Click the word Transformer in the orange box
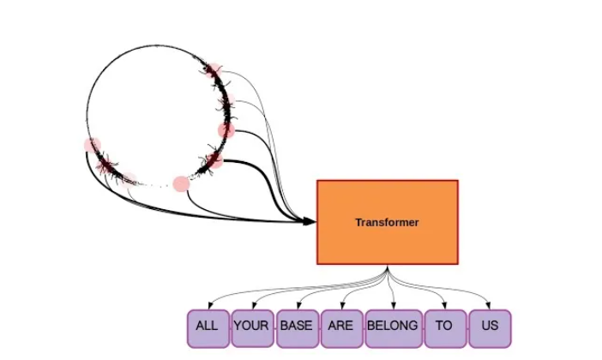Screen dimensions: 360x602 [x=387, y=222]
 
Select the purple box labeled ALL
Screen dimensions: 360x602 [x=208, y=327]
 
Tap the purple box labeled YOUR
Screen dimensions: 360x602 [x=251, y=327]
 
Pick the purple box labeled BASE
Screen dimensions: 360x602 [x=297, y=327]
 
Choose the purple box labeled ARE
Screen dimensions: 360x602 [x=340, y=327]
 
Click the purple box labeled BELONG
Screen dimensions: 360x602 [x=392, y=327]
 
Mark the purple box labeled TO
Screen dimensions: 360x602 [x=443, y=327]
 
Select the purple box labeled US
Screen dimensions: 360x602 [x=490, y=327]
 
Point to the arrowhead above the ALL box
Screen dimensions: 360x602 [x=208, y=305]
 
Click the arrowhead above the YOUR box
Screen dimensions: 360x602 [x=252, y=305]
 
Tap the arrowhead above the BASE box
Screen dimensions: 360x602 [x=298, y=305]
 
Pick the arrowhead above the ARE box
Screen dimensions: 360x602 [x=343, y=305]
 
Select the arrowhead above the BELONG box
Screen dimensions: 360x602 [x=394, y=305]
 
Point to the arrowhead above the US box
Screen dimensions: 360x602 [x=490, y=305]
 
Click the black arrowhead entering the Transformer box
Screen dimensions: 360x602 [x=310, y=222]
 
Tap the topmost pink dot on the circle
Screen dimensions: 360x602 [x=212, y=69]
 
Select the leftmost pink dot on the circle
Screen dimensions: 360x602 [x=92, y=145]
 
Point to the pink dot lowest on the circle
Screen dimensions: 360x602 [x=181, y=183]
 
